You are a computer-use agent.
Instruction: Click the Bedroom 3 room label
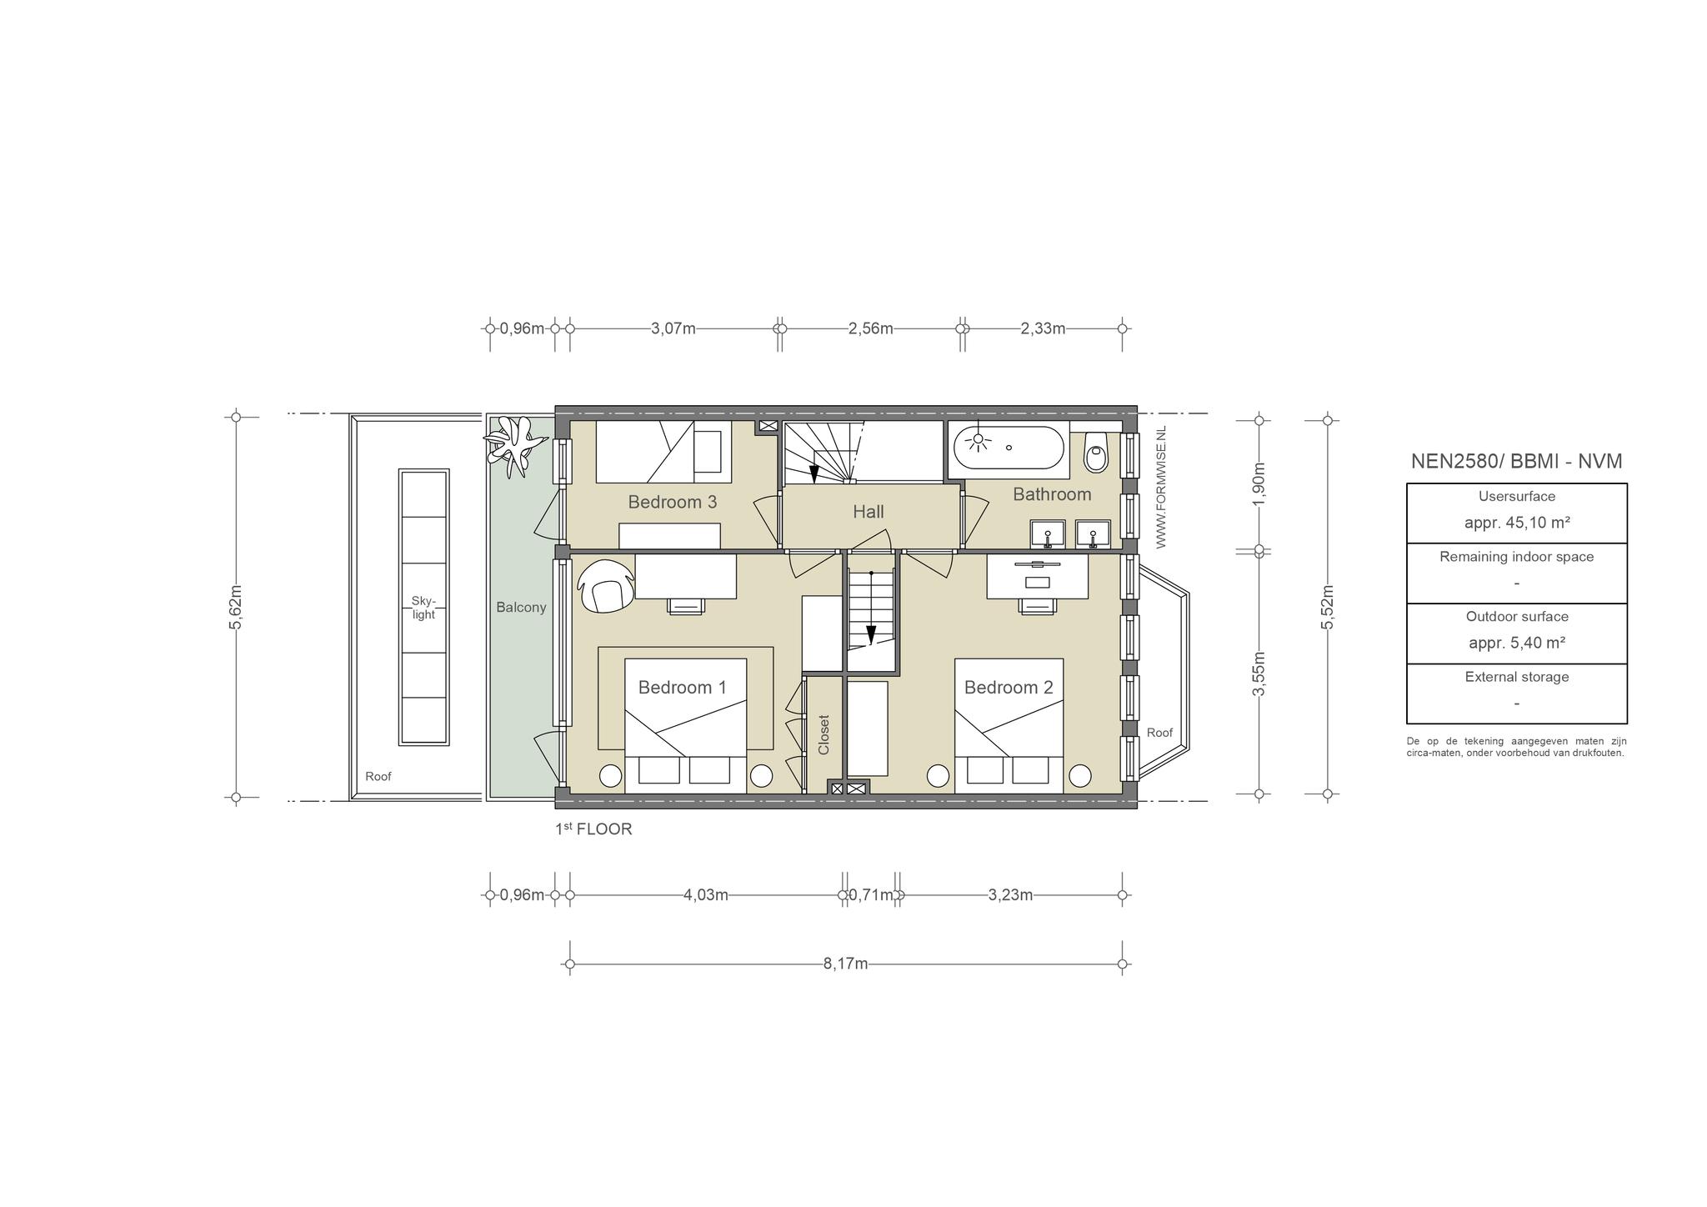click(672, 502)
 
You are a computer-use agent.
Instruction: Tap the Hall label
click(868, 512)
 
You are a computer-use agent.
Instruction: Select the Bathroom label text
click(1052, 494)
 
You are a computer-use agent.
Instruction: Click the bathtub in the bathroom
click(1009, 448)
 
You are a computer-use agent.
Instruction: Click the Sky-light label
click(423, 608)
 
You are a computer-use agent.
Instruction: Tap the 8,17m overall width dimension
click(846, 964)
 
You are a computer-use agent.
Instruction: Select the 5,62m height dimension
click(235, 607)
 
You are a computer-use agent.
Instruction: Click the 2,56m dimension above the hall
click(871, 328)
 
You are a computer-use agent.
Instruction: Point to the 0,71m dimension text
click(871, 895)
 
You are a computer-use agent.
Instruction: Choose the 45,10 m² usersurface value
click(1517, 523)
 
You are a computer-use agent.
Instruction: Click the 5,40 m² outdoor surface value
click(1517, 643)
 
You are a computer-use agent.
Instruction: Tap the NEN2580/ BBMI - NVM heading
click(1517, 461)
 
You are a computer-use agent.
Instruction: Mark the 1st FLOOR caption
click(593, 829)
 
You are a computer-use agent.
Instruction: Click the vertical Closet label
click(824, 734)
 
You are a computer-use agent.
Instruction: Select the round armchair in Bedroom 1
click(603, 585)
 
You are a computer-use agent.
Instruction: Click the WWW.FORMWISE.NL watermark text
click(1161, 486)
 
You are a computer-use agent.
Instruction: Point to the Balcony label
click(521, 607)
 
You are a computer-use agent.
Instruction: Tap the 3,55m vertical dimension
click(1259, 674)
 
